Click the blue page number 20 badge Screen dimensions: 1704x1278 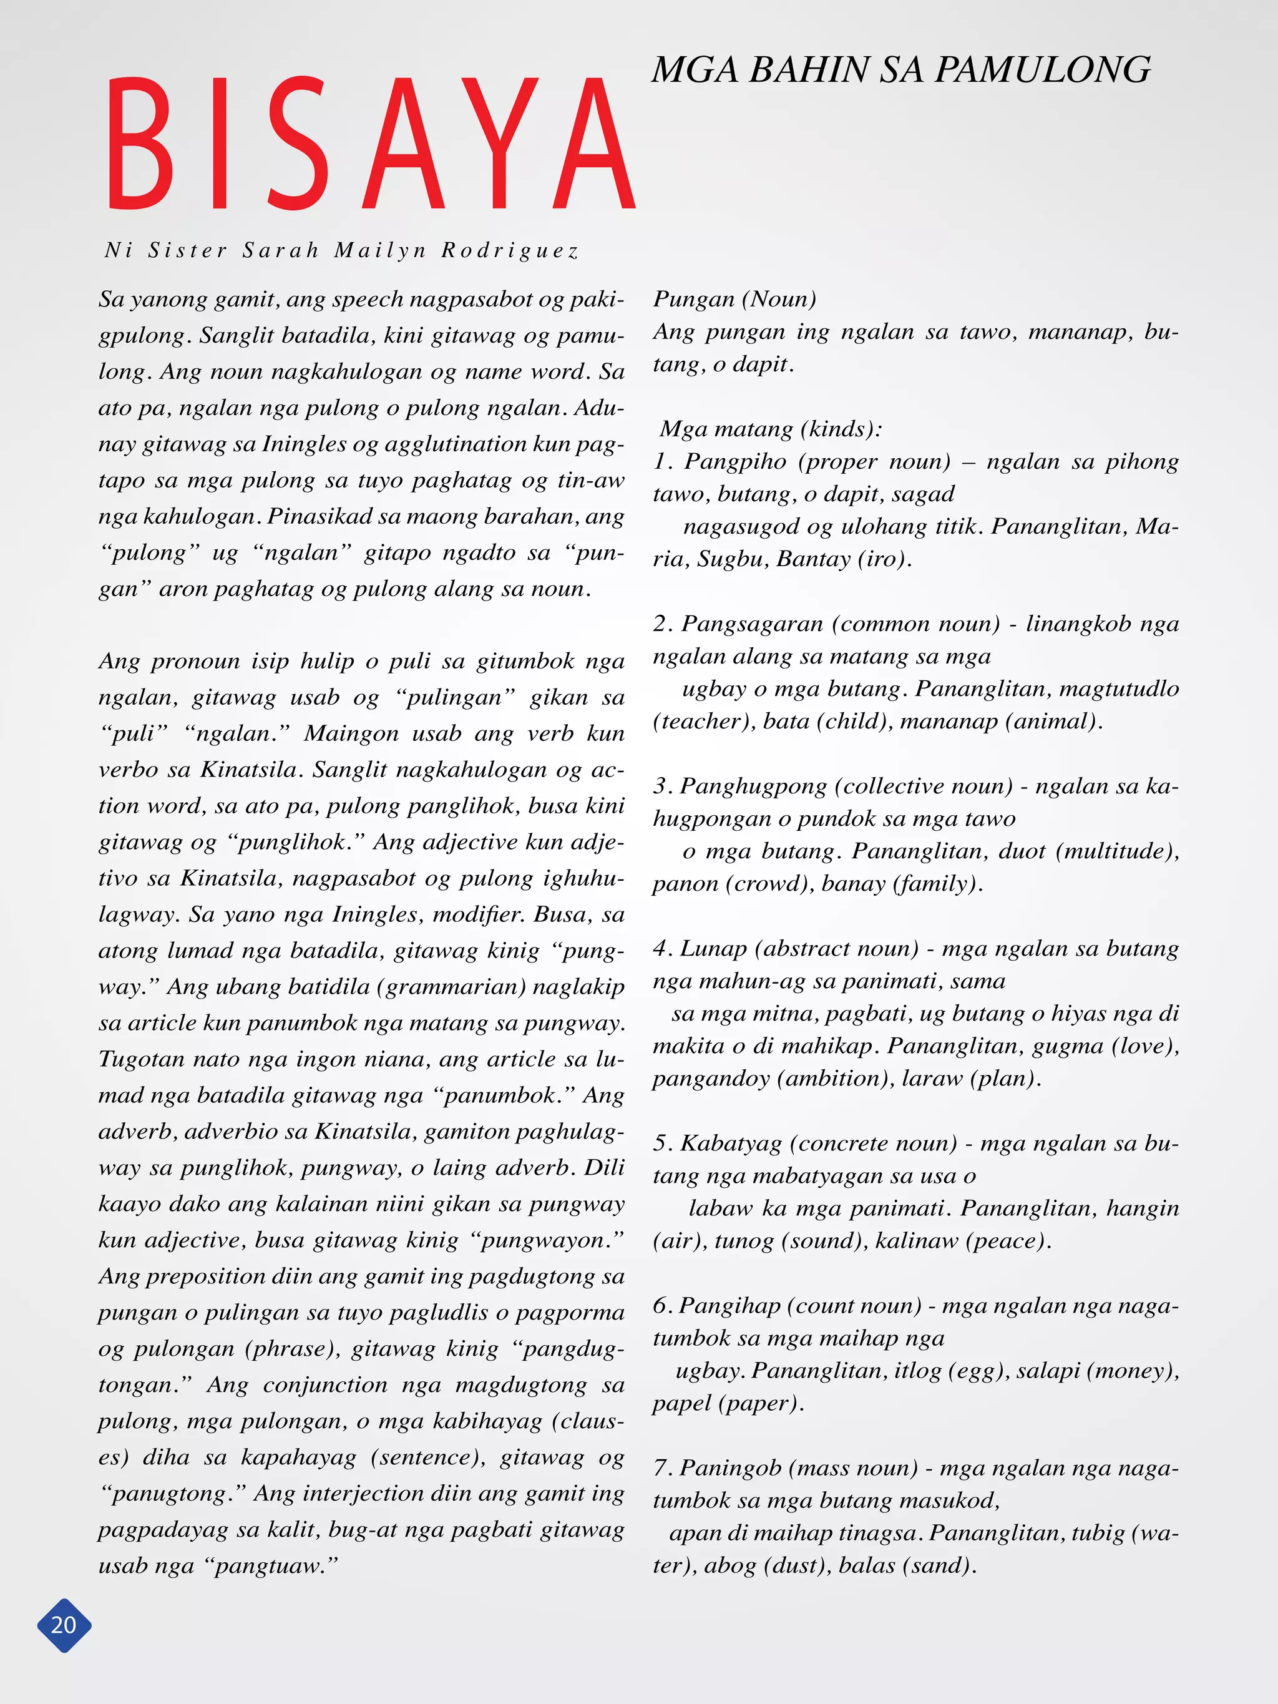tap(64, 1625)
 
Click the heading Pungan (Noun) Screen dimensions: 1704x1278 tap(734, 299)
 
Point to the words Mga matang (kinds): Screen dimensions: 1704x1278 tap(770, 428)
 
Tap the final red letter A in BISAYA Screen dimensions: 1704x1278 tap(593, 144)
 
